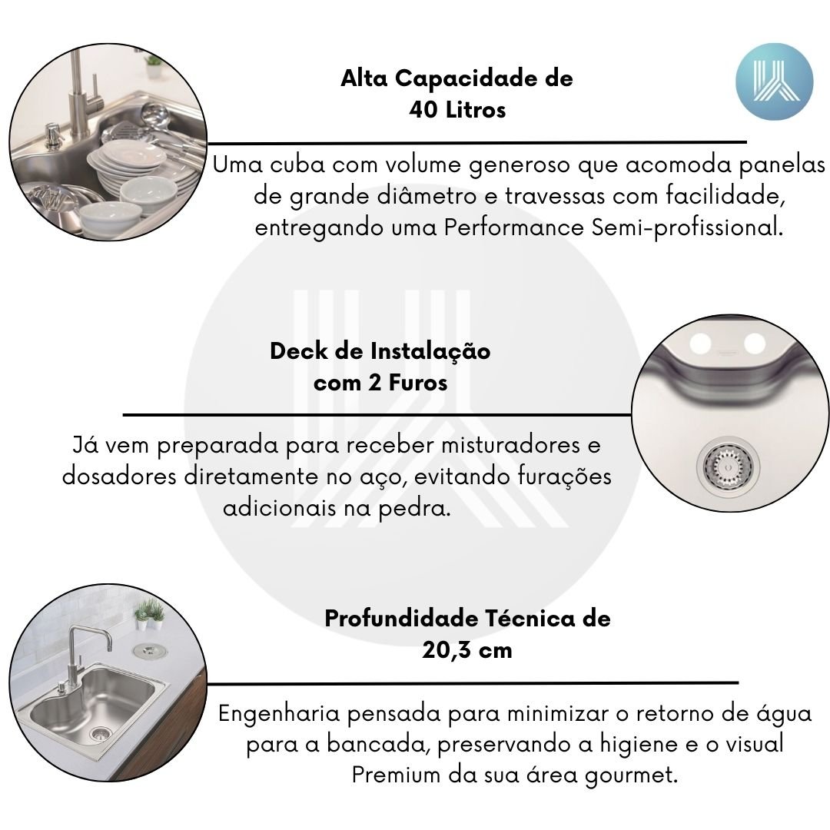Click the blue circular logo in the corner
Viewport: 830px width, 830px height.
tap(774, 81)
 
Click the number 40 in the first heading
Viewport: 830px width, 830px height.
tap(423, 110)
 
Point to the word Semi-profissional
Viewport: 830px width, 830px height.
tap(687, 228)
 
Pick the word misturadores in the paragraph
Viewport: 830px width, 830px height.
tap(511, 445)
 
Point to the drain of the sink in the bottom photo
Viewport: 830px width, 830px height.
tap(100, 733)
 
